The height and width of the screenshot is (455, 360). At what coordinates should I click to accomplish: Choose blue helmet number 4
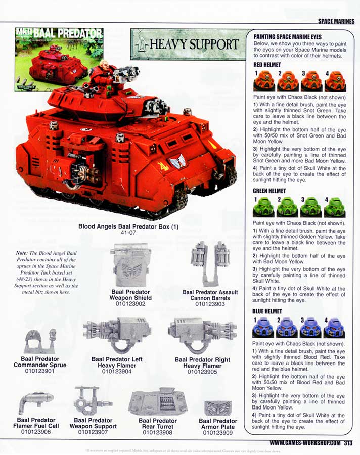point(334,328)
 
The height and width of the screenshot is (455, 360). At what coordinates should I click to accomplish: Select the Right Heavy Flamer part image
point(201,334)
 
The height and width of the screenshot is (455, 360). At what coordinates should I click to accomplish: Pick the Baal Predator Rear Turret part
point(158,402)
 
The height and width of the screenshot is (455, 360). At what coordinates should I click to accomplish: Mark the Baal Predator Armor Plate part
point(218,408)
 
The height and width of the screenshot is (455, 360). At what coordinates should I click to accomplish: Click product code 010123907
point(95,432)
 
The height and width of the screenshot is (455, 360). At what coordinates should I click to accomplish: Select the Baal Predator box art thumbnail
point(59,59)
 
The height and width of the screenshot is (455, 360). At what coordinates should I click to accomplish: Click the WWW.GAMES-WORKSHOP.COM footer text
point(301,443)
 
